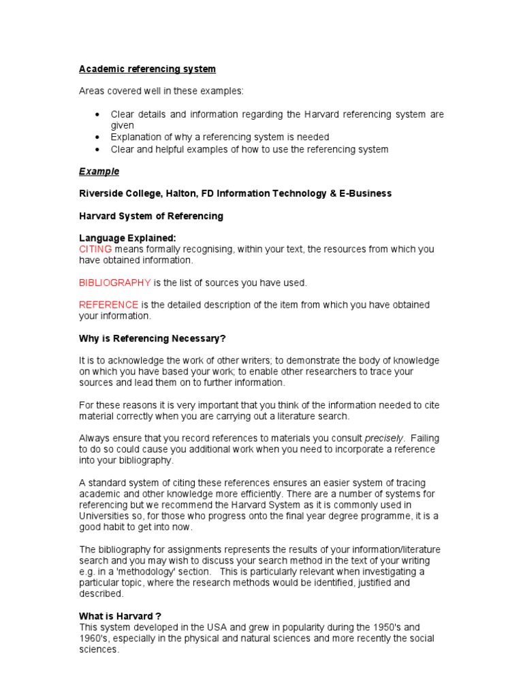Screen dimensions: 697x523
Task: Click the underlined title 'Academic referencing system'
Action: [147, 69]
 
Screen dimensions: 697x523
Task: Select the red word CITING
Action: [95, 249]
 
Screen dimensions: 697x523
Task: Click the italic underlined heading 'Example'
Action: [99, 171]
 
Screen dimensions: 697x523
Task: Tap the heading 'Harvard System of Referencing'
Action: [151, 216]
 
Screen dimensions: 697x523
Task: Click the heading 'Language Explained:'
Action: [127, 238]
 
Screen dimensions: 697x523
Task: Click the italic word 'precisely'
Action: [384, 438]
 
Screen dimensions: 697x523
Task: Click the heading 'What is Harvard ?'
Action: [120, 615]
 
